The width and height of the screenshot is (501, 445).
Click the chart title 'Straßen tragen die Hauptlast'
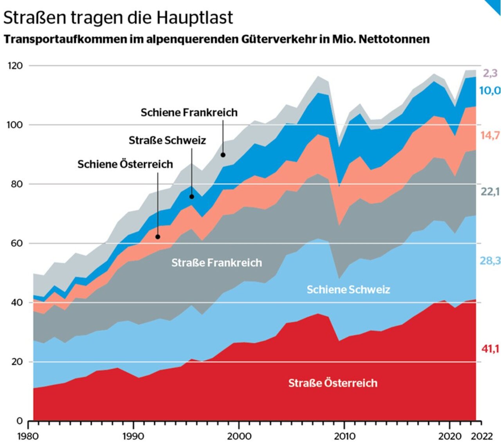tap(118, 18)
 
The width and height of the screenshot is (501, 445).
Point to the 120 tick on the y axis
tap(15, 65)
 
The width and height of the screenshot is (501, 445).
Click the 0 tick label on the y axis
tap(20, 421)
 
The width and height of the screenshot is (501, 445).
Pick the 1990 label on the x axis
tap(133, 436)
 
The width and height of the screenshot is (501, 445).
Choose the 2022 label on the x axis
tap(481, 436)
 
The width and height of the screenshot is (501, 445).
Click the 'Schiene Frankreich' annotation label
tap(189, 112)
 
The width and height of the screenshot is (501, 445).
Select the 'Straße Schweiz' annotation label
tap(167, 140)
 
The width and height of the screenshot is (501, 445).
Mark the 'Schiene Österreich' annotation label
tap(125, 164)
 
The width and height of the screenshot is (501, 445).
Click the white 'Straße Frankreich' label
tap(216, 263)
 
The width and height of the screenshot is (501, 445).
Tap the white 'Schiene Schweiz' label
tap(348, 290)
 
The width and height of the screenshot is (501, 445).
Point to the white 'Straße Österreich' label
tap(333, 383)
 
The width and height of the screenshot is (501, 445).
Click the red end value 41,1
tap(490, 348)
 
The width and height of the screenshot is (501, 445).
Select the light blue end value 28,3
tap(490, 261)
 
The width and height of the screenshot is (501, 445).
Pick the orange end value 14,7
tap(490, 135)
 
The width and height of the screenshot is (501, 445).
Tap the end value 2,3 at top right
tap(490, 73)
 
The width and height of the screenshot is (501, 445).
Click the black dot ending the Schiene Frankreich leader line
tap(223, 155)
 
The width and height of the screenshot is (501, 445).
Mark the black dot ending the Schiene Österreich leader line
tap(158, 237)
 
